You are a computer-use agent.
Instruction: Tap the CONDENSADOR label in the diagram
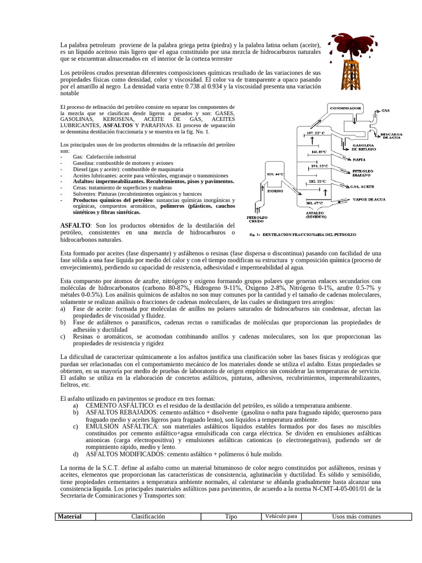(x=345, y=108)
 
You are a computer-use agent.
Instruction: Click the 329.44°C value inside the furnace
(x=275, y=174)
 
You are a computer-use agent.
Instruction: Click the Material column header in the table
(x=70, y=516)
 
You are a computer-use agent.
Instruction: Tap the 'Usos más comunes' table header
(x=357, y=516)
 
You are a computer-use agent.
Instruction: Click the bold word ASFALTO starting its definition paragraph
(x=75, y=225)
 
